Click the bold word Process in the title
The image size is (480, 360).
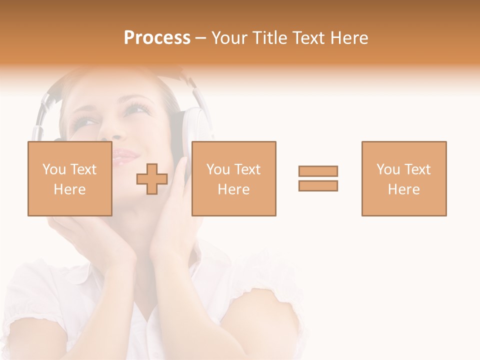click(x=157, y=38)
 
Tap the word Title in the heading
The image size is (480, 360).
click(x=269, y=38)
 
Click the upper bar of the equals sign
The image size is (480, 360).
click(x=318, y=171)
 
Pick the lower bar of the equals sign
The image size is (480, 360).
click(x=318, y=186)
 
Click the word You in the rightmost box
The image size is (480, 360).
click(x=388, y=169)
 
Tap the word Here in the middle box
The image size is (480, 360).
click(x=233, y=189)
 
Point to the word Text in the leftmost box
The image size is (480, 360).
click(x=83, y=169)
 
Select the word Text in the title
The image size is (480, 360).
click(x=309, y=38)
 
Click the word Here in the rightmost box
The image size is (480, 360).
click(x=403, y=189)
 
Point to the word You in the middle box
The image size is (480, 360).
click(x=218, y=169)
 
